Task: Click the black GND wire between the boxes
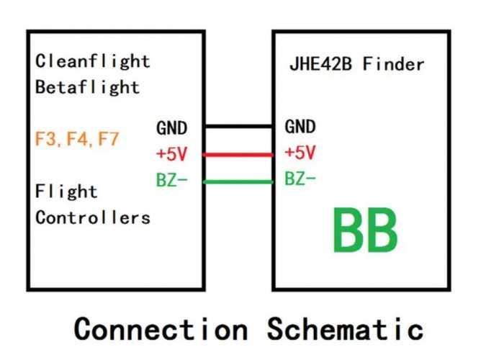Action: click(x=238, y=127)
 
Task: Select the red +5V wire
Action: click(x=238, y=154)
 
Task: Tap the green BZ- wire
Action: click(x=238, y=181)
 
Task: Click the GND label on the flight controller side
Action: click(x=171, y=128)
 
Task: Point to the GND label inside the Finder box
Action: click(x=300, y=127)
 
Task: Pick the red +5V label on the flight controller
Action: click(x=171, y=154)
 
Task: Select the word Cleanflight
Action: click(x=93, y=61)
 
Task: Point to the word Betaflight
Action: click(x=87, y=87)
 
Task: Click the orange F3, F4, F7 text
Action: click(x=76, y=139)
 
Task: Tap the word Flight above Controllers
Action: click(x=66, y=192)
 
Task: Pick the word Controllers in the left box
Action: click(x=93, y=217)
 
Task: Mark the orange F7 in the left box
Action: click(x=108, y=139)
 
